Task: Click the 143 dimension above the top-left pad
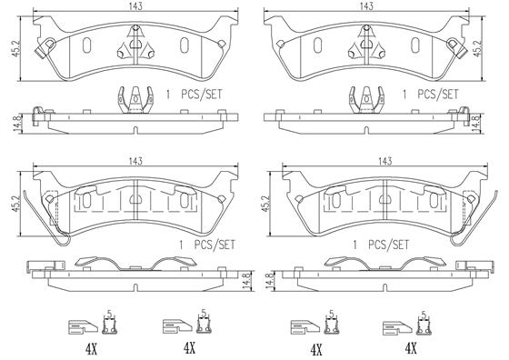tap(134, 6)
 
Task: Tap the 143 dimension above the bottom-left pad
tap(134, 160)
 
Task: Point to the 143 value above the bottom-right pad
tap(385, 160)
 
